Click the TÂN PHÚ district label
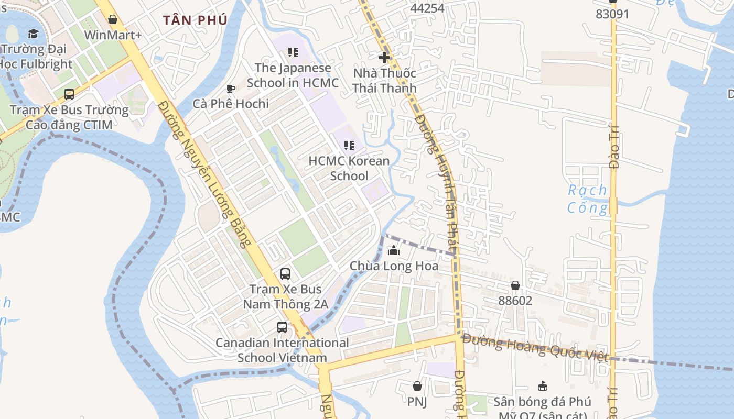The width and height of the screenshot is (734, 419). coord(195,20)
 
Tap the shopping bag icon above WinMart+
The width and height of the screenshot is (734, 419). coord(113,20)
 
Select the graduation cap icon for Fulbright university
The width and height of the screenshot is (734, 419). coord(34,34)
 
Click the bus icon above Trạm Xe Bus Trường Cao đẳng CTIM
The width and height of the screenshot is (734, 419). coord(69,94)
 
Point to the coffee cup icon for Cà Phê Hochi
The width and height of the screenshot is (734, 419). coord(230,89)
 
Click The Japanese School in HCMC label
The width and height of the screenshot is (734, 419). coord(293,75)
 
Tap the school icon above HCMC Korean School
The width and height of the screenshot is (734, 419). coord(349,146)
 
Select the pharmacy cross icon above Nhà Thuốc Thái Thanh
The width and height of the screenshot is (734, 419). coord(384,57)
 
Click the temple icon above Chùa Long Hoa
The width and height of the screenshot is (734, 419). coord(394,251)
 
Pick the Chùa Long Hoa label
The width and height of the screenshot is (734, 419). coord(394,266)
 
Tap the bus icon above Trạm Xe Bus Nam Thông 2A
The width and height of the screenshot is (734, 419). coord(285,273)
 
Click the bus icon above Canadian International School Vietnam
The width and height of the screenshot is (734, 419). coord(282,327)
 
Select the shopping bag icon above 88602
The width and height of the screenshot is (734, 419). coord(515,285)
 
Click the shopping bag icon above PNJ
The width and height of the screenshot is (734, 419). coord(417,386)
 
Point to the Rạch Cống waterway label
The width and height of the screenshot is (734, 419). coord(587,199)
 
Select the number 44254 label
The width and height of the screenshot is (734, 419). coord(427,8)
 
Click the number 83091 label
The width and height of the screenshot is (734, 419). coord(612,14)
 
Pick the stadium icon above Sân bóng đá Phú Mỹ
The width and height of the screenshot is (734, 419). coord(543,387)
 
